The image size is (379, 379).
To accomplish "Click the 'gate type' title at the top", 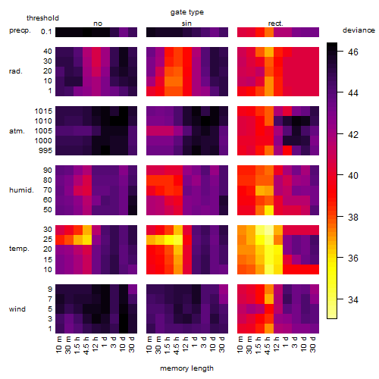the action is pos(187,12).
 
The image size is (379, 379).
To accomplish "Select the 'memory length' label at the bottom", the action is pos(186,368).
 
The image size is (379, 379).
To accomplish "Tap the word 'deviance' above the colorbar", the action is pos(359,30).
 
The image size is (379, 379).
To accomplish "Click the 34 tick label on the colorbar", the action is pos(353,300).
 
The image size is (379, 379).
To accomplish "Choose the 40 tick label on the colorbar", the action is pos(353,176).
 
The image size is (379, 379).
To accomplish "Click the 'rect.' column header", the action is pos(276,23).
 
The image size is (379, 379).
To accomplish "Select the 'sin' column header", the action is pos(186,23).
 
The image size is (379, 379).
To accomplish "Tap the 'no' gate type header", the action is pos(98,23).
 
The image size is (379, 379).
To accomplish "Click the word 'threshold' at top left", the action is pos(42,18).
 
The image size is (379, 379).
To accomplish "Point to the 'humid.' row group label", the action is pos(21,190).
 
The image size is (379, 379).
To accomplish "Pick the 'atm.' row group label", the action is pos(17,131).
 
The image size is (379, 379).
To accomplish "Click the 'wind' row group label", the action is pos(17,309).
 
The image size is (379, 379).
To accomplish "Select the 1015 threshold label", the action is pos(43,111).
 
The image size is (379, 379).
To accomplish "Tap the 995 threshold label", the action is pos(45,151).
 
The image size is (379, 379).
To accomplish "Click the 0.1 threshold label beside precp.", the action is pos(46,32).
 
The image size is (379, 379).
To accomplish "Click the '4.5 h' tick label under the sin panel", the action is pos(177,345).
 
